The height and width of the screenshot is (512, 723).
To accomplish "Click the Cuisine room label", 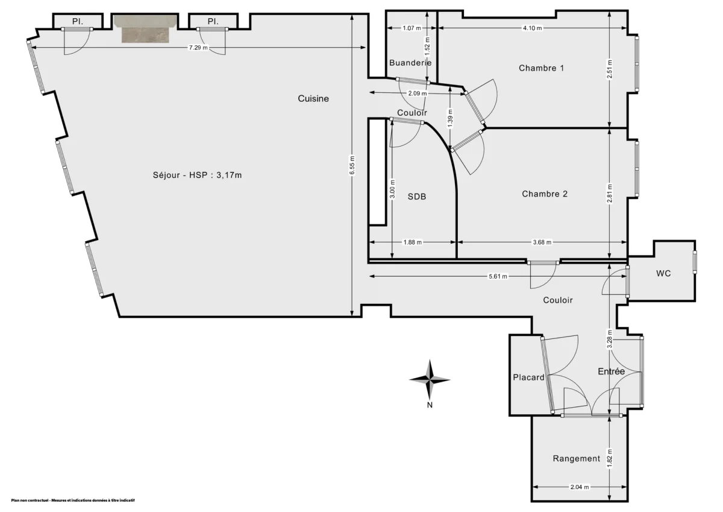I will pos(313,99).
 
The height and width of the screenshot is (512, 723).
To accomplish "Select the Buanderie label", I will pos(410,63).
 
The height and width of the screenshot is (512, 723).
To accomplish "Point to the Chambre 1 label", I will pos(541,68).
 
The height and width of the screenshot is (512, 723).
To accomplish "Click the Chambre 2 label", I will pos(545,194).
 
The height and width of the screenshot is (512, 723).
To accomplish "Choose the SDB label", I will pos(417,197).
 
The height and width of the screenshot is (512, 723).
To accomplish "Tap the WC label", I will pos(663,273).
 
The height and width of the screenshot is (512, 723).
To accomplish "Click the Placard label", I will pos(528,378).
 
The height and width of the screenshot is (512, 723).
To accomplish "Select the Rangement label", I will pos(576,458).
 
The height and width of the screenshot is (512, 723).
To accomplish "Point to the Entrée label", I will pos(611,371).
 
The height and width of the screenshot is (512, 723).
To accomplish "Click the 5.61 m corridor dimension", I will pos(498,276).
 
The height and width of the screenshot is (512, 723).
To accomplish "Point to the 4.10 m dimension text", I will pos(532,28).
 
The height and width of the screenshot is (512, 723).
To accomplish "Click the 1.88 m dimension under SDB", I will pos(412,242).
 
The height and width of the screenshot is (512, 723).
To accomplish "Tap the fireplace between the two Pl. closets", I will pos(146,30).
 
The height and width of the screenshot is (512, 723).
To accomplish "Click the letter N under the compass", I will pos(430,405).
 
